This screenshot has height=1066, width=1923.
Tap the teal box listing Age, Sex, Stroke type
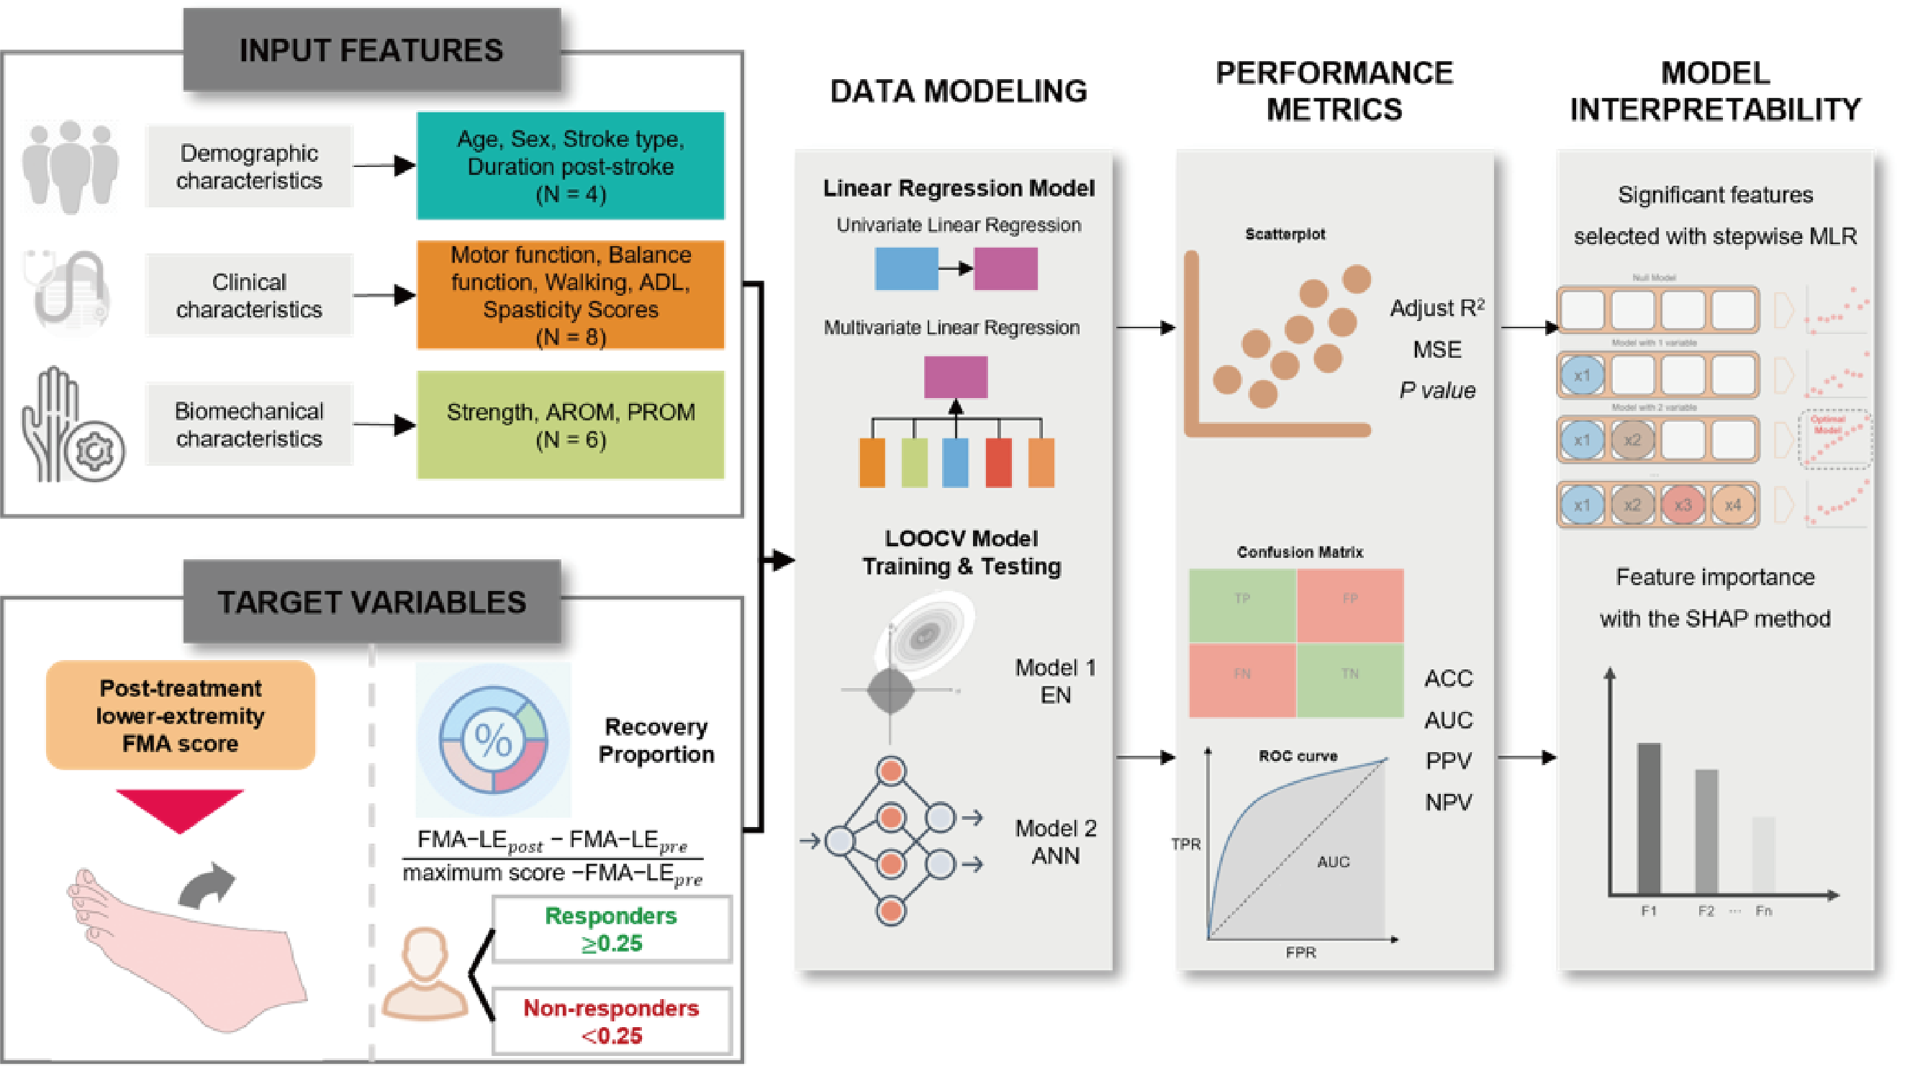tap(570, 166)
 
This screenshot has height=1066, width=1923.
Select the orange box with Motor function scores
tap(570, 295)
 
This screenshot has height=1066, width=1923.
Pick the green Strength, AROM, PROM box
tap(570, 425)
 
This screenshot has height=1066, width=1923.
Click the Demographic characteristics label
tap(249, 166)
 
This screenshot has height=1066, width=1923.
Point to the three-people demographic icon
tap(71, 166)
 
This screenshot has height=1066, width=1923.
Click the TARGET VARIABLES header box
tap(372, 602)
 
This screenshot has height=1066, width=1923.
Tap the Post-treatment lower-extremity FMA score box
tap(181, 715)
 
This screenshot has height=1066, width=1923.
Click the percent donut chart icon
tap(494, 739)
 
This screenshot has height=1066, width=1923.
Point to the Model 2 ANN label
tap(1055, 841)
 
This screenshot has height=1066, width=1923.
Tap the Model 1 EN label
tap(1055, 681)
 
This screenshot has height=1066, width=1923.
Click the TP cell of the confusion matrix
tap(1242, 605)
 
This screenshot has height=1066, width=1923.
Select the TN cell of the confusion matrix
tap(1349, 680)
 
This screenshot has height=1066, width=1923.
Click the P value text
tap(1437, 390)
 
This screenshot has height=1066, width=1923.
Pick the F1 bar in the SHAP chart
tap(1648, 818)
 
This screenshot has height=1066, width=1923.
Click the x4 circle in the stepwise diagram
tap(1732, 505)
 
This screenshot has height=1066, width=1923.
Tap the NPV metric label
tap(1448, 803)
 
